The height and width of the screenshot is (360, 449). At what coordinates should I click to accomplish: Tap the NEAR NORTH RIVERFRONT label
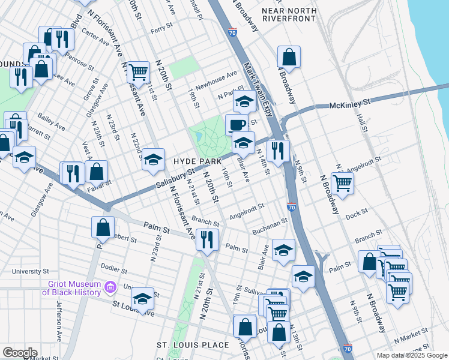coord(289,14)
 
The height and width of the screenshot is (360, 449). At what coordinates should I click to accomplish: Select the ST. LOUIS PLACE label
coord(193,345)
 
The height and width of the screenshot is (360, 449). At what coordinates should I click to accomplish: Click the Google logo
coord(19,353)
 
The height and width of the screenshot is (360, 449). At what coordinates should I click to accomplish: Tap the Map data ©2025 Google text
coord(412,355)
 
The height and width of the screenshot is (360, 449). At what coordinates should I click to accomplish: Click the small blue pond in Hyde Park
coord(198,137)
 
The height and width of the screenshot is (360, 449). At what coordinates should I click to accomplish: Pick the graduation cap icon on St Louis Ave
coord(142,298)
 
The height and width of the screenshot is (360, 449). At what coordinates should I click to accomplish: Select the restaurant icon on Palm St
coord(206,239)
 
